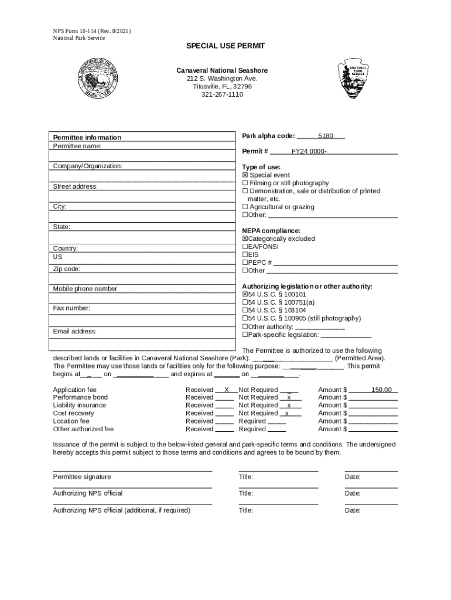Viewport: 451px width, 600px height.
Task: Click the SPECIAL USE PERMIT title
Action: tap(225, 46)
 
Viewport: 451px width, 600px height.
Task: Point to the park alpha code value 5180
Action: tap(326, 136)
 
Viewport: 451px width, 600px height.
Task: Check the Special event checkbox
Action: tap(245, 175)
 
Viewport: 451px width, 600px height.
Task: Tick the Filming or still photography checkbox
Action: tap(245, 183)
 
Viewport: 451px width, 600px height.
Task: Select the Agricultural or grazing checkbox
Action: tap(245, 207)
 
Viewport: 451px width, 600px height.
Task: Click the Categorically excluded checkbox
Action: tap(245, 239)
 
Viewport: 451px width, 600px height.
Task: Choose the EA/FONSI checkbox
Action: tap(245, 247)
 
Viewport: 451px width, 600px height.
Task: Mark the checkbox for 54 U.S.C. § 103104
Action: tap(245, 311)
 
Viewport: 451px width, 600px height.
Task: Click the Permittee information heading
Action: tap(87, 138)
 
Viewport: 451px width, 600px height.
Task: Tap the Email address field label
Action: tap(75, 332)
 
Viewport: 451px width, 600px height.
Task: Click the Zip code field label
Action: tap(67, 269)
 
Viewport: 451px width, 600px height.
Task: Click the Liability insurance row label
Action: tap(80, 405)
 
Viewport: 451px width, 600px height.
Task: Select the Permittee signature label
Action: tap(82, 477)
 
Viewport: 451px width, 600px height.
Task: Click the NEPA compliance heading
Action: tap(271, 231)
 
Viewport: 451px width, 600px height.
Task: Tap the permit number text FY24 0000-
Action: tap(309, 152)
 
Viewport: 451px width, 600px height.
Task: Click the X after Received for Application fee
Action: tap(227, 390)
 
